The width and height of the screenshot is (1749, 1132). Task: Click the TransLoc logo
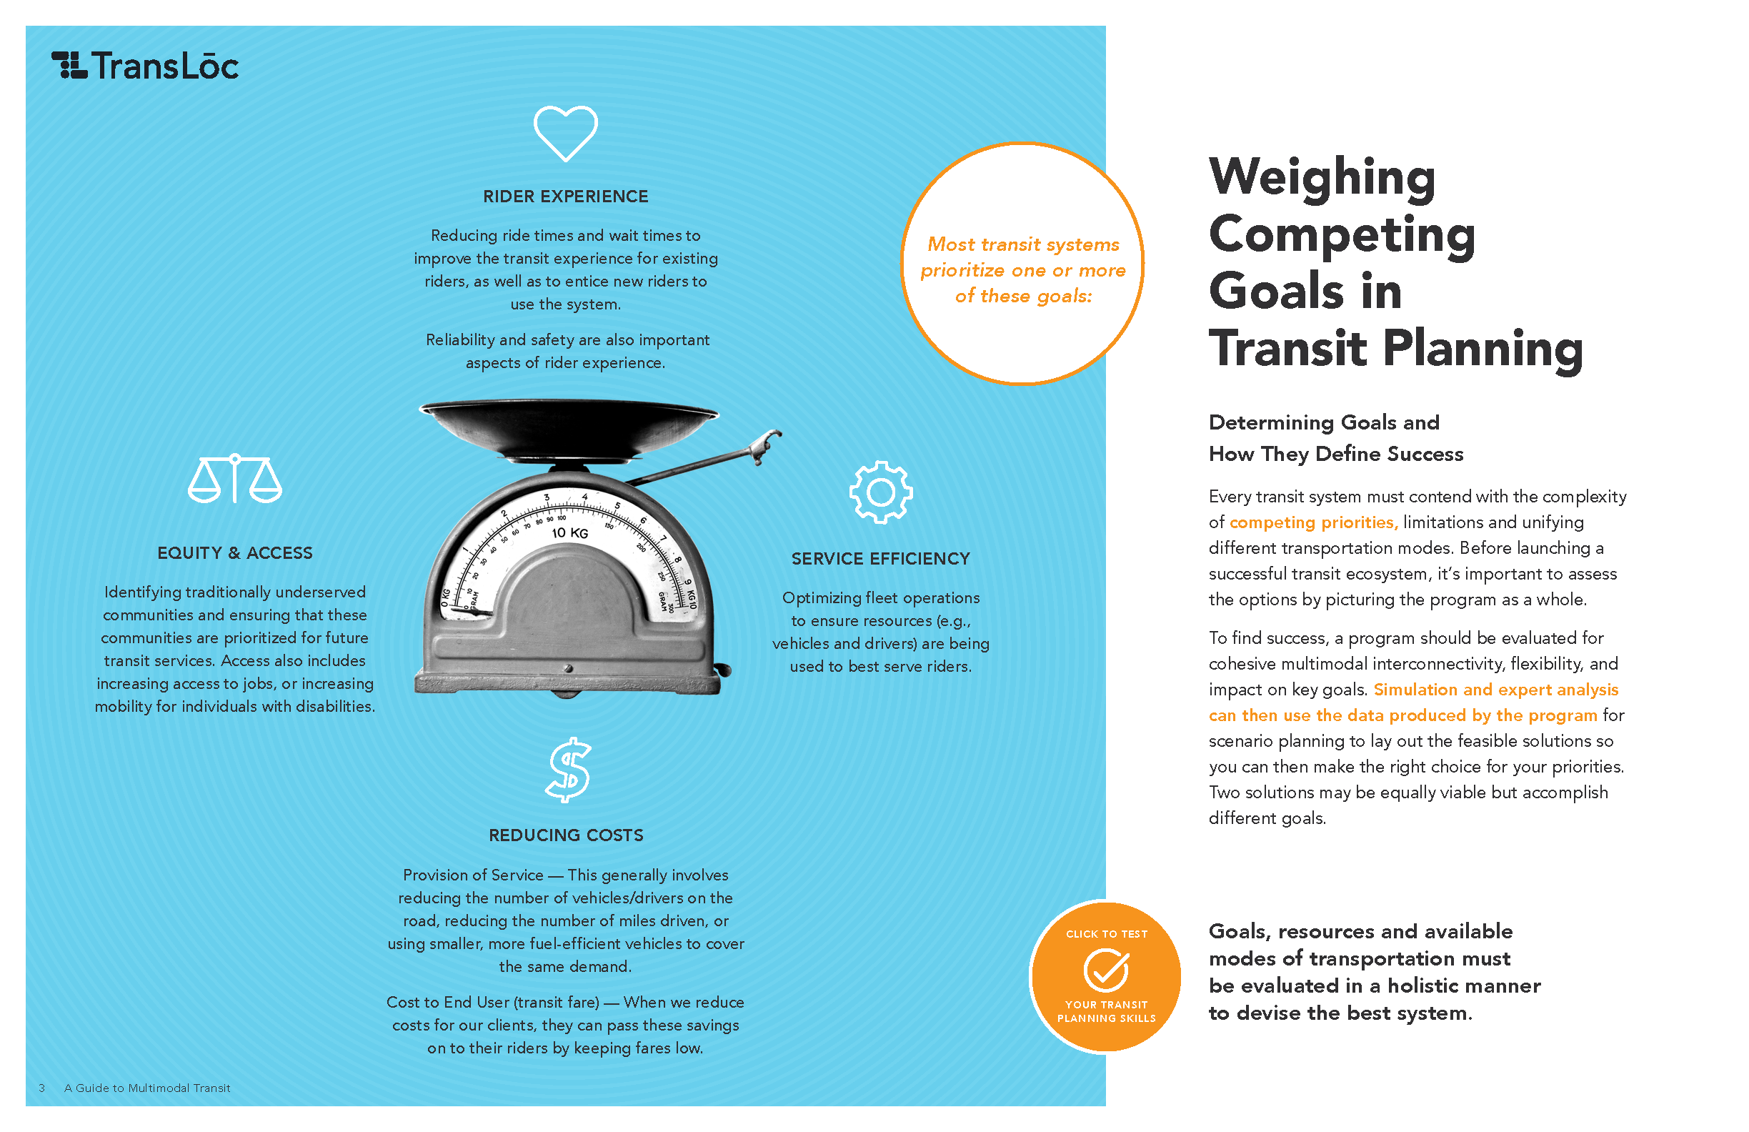(145, 66)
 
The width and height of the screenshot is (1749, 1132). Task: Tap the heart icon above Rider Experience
(565, 133)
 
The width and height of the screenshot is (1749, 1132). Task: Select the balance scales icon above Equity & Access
(234, 479)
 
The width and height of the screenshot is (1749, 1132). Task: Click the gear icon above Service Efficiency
(880, 492)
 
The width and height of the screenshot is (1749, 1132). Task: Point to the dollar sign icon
(568, 770)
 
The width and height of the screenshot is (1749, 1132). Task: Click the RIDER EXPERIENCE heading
(565, 197)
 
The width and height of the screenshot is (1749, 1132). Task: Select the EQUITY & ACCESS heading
(234, 552)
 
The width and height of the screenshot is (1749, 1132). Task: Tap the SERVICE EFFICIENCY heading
(880, 559)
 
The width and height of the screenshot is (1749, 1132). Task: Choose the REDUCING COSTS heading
(565, 835)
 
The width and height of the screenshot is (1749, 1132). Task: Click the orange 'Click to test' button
(1106, 977)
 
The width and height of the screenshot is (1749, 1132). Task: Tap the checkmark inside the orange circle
(1106, 970)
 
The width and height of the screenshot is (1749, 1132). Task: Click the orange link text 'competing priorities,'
(1313, 522)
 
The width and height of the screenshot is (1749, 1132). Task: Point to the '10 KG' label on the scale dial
(569, 532)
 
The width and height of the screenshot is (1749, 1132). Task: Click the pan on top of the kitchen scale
(568, 427)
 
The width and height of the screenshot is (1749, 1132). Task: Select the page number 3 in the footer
(42, 1088)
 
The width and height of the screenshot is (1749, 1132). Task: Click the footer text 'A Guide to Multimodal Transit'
(147, 1088)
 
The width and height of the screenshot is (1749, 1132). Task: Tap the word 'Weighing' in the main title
(1321, 178)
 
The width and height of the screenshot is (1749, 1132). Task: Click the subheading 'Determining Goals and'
(1323, 422)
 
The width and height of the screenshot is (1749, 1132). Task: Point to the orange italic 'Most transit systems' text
(1023, 244)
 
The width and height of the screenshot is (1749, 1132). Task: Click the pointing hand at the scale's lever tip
(764, 443)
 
